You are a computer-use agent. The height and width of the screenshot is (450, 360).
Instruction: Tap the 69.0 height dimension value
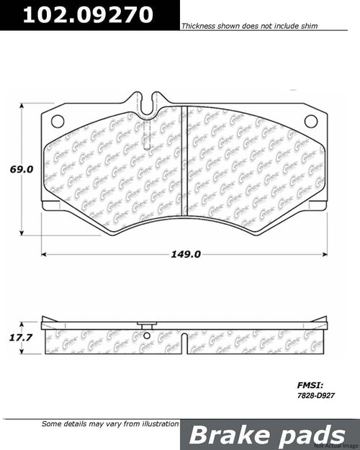(x=22, y=169)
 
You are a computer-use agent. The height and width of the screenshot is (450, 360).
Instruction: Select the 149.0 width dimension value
(x=186, y=254)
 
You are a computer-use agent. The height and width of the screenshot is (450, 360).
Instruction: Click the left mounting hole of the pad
(x=59, y=120)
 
